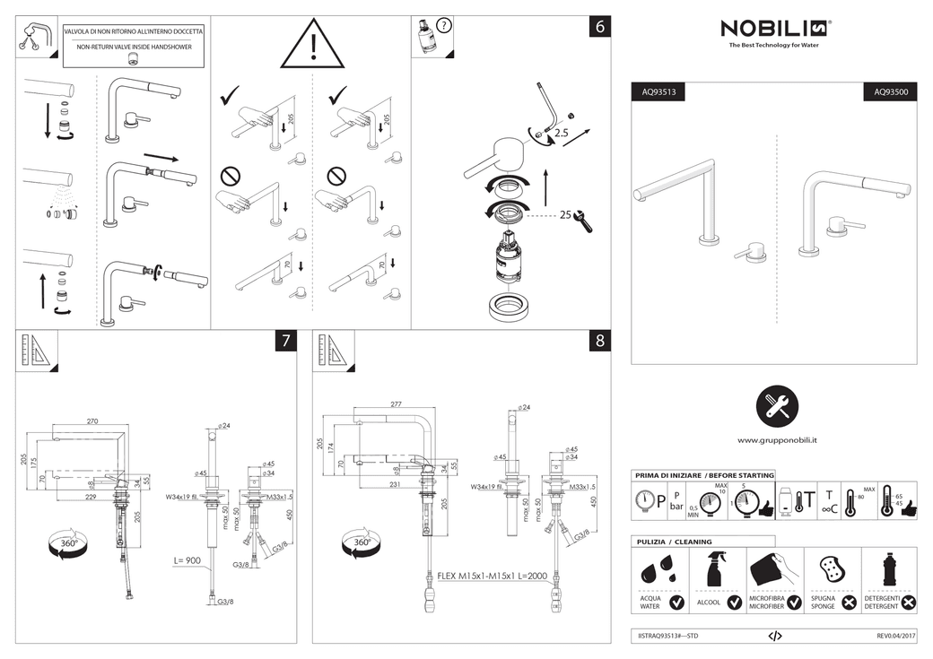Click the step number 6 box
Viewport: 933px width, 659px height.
600,27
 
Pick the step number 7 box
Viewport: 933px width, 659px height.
285,341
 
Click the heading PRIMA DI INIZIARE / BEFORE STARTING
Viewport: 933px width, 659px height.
703,475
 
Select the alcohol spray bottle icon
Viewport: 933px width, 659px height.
717,570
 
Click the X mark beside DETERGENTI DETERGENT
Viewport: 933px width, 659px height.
909,603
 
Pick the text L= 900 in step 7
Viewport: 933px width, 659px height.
191,559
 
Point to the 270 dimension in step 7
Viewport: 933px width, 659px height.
92,421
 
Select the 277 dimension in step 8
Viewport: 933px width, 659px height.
396,404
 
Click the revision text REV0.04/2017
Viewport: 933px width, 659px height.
896,635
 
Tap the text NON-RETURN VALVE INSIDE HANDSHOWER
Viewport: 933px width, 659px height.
134,46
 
